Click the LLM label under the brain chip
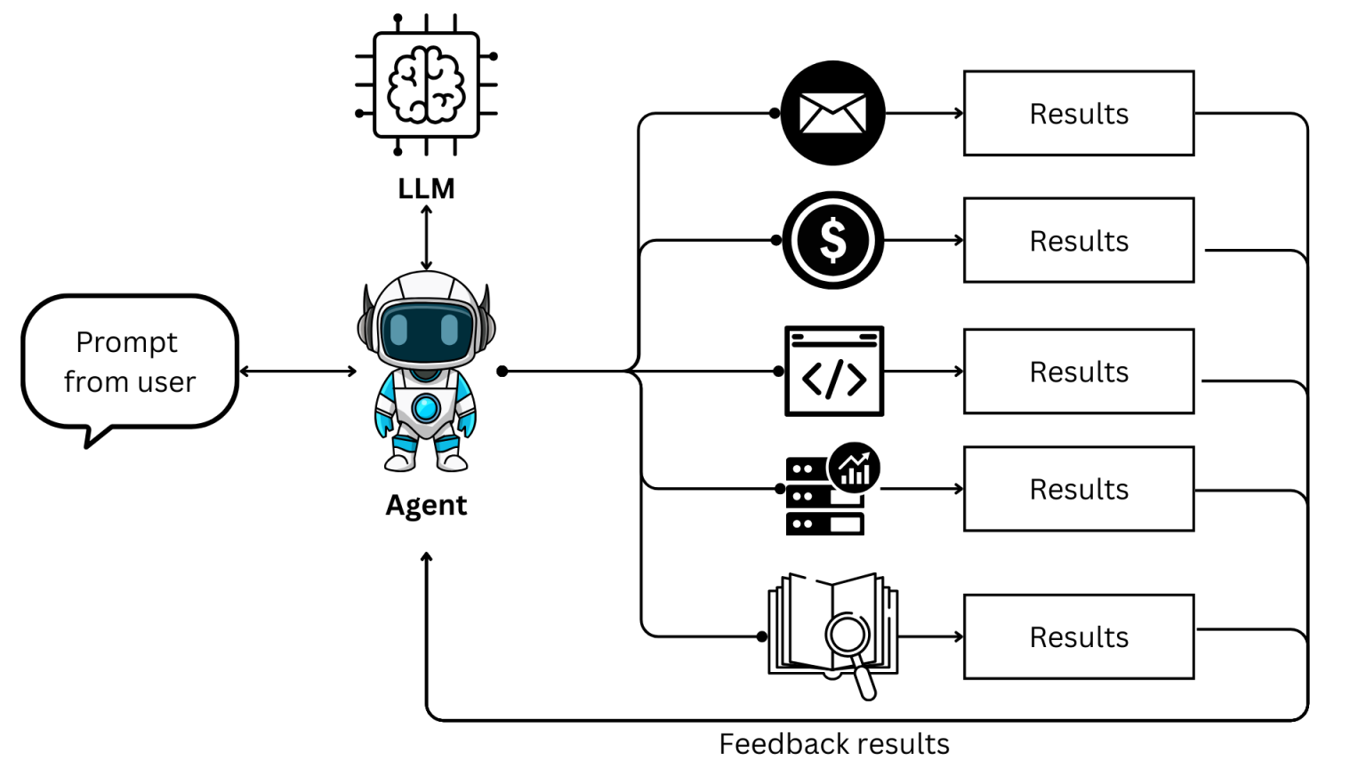426,188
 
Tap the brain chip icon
426,84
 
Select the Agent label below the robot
426,505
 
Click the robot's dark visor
426,330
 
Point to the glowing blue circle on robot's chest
426,408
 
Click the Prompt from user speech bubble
130,362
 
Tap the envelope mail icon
832,113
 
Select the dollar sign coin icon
832,240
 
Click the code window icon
833,371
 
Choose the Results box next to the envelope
1078,114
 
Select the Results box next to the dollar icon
1078,241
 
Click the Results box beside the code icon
1078,372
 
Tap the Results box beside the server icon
1078,489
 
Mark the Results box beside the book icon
1078,636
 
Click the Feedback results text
833,743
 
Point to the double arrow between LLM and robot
426,238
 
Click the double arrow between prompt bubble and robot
298,371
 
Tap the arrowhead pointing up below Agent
427,558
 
